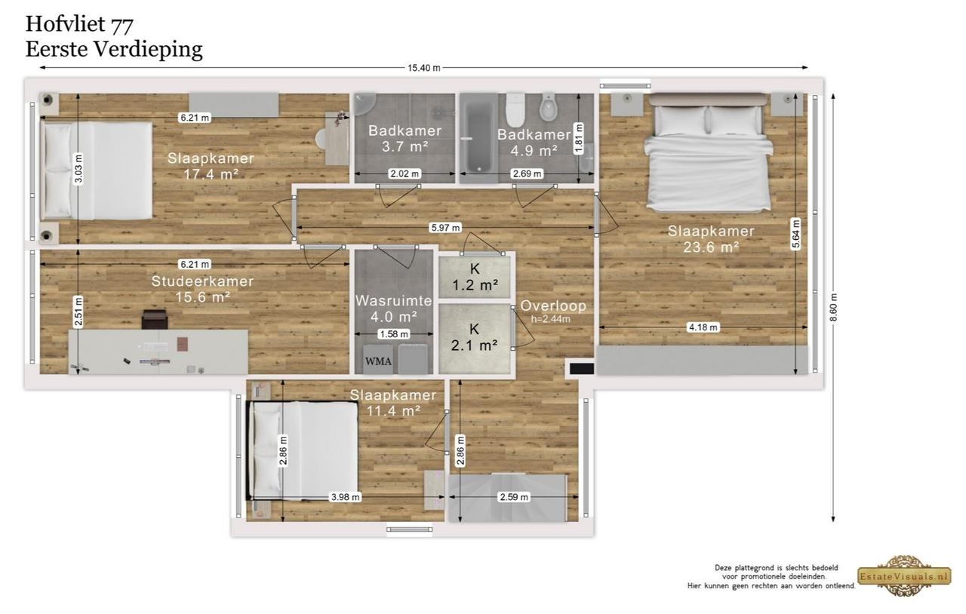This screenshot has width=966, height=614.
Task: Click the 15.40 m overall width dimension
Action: tap(424, 68)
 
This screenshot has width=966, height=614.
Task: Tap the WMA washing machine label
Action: tap(378, 361)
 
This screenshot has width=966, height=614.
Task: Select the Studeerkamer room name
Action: tap(202, 281)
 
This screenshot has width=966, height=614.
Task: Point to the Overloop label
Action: tap(553, 305)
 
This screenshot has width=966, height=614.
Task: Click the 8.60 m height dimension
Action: tap(833, 308)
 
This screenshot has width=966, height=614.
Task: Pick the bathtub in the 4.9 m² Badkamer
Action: tap(478, 138)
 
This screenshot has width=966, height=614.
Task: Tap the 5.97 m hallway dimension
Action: tap(445, 227)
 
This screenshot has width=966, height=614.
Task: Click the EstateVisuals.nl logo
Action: tap(904, 576)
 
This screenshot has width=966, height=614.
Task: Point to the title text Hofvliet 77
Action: tap(79, 23)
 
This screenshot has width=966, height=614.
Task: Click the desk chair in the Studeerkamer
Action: tap(155, 319)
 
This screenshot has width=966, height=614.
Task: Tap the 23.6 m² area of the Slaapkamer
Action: tap(712, 247)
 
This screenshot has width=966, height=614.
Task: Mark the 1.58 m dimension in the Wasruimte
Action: tap(394, 334)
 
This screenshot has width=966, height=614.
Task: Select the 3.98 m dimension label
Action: tap(345, 497)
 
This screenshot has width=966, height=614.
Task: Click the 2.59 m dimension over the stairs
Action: tap(514, 497)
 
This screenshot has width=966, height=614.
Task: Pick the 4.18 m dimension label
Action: tap(703, 327)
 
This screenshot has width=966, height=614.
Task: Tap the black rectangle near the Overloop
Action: tap(582, 369)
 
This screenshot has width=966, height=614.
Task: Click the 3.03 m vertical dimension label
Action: tap(78, 169)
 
